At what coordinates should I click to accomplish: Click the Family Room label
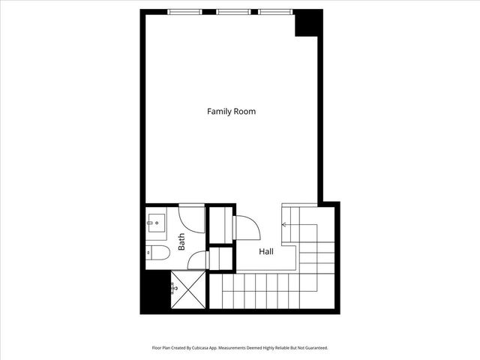click(231, 112)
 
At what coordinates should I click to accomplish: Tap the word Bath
click(181, 241)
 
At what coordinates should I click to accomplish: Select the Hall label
click(266, 252)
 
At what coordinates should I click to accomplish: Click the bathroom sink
click(156, 221)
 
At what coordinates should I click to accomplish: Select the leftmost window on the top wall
click(184, 12)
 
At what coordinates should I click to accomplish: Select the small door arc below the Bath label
click(197, 260)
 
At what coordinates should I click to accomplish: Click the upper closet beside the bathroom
click(221, 223)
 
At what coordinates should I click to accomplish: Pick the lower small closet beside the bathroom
click(221, 257)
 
